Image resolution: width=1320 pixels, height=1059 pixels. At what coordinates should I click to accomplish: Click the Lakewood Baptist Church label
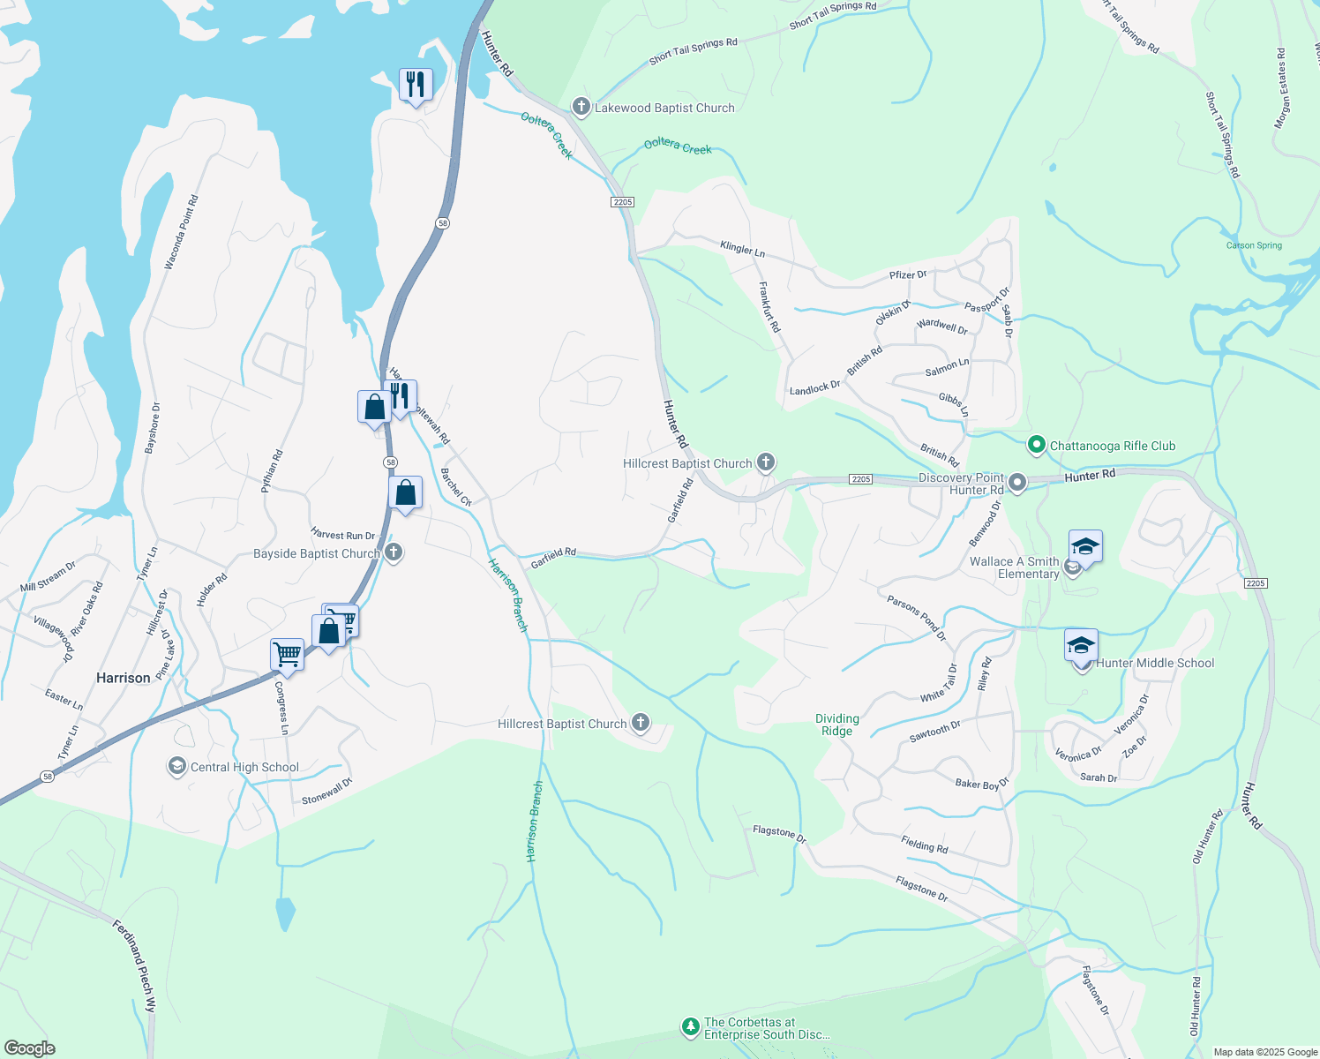coord(664,108)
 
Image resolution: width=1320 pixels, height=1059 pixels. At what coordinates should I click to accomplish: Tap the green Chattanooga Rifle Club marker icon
coord(1037,445)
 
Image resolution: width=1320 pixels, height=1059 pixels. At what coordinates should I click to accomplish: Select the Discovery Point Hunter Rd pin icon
coord(1017,483)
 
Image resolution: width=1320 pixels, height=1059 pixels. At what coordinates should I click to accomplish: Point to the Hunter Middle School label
coord(1155,663)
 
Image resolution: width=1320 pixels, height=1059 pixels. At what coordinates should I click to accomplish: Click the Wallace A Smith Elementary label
coord(1015,567)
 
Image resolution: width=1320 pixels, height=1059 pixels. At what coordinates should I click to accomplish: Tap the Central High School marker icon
coord(177,766)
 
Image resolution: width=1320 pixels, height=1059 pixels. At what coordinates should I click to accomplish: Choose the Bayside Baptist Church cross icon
coord(394,553)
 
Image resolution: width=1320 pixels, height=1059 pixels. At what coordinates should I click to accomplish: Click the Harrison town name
coord(123,678)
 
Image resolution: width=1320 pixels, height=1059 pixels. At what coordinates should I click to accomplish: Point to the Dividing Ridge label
coord(836,725)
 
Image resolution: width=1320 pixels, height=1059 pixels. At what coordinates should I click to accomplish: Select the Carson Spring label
coord(1254,245)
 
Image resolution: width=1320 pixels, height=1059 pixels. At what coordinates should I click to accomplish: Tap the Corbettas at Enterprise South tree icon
coord(690,1027)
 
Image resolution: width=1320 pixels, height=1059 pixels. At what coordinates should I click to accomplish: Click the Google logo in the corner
coord(29,1048)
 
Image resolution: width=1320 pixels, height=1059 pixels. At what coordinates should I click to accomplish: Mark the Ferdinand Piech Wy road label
coord(135,965)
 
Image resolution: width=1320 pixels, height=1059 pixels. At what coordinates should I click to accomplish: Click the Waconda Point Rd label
coord(182,232)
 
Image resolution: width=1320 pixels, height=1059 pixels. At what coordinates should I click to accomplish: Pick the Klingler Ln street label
coord(743,249)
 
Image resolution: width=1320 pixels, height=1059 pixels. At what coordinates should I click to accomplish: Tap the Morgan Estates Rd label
coord(1281,89)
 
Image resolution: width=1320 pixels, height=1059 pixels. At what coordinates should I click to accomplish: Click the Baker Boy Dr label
coord(982,783)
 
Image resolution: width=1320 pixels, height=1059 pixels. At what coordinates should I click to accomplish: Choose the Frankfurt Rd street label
coord(769,307)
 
